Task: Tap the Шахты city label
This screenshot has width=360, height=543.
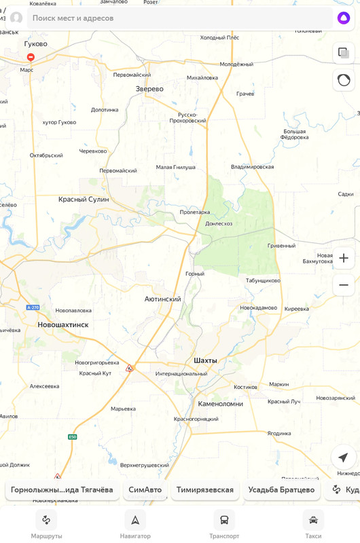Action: [x=205, y=360]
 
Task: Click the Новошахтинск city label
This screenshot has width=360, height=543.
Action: [x=62, y=324]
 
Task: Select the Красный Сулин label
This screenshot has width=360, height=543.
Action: [x=84, y=200]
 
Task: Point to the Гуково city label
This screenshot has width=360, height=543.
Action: [x=35, y=44]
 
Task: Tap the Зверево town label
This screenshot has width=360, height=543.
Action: [x=149, y=89]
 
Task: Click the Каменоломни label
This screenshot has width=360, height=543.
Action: [x=220, y=404]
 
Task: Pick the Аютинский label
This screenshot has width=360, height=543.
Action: [x=162, y=299]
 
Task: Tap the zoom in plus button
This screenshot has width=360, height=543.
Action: [x=344, y=258]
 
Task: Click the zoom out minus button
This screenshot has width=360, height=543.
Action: [x=344, y=285]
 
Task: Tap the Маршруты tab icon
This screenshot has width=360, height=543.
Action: [x=46, y=521]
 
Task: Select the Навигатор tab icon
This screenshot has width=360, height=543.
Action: [x=135, y=521]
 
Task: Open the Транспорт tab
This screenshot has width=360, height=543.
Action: [x=224, y=521]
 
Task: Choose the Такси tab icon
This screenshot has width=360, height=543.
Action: [x=313, y=521]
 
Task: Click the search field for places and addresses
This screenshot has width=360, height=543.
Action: [x=177, y=18]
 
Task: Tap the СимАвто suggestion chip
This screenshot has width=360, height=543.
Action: [x=145, y=489]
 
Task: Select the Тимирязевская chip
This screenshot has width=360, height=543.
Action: [x=204, y=489]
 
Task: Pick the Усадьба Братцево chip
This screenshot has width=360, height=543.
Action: [x=281, y=489]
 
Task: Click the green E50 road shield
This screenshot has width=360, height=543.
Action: [x=73, y=437]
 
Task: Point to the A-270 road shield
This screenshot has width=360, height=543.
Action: [x=33, y=307]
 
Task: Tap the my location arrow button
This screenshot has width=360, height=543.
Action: [x=343, y=457]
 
